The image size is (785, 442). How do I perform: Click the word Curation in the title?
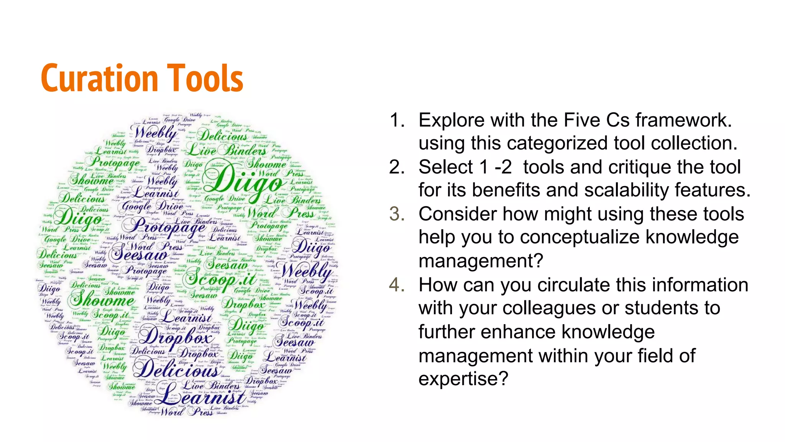99,79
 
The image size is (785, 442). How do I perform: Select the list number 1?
397,120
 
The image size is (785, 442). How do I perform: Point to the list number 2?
397,167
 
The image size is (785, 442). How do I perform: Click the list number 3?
397,214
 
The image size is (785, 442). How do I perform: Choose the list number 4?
397,285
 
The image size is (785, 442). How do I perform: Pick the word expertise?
463,379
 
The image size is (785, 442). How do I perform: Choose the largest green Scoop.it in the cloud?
219,278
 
